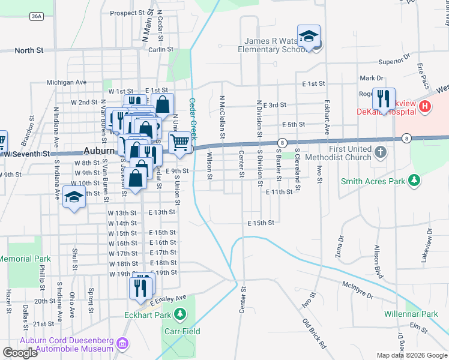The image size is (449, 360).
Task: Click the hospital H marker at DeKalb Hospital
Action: point(425,106)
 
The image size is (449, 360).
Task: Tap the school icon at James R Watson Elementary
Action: point(309,37)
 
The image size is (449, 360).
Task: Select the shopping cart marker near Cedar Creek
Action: point(180,143)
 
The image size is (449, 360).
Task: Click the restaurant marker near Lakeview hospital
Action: point(382,97)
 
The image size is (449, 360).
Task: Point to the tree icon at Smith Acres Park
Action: point(414,180)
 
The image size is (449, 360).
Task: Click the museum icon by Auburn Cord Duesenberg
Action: point(122,344)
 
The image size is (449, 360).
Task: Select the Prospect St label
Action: point(127,13)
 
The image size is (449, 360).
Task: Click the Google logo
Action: point(20,353)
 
